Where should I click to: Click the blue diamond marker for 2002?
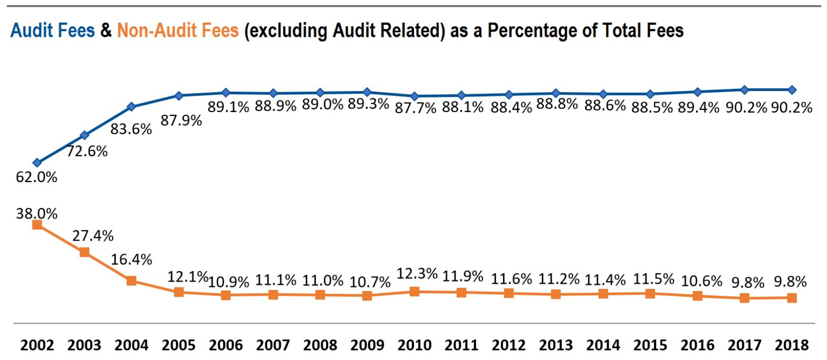[x=37, y=163]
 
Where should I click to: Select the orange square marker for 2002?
[x=37, y=225]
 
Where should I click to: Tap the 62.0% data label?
[x=36, y=177]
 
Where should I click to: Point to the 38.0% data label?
[x=36, y=214]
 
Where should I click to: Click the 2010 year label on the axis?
[x=414, y=346]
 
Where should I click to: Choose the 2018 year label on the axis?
[x=791, y=346]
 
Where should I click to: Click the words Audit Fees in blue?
[x=53, y=31]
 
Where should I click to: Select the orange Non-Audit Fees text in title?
[x=177, y=31]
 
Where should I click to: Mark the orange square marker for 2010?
[x=414, y=291]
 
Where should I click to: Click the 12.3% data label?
[x=417, y=274]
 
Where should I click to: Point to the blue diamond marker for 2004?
[x=132, y=107]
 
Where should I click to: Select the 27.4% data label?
[x=93, y=236]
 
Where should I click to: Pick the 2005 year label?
[x=178, y=346]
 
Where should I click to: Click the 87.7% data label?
[x=416, y=108]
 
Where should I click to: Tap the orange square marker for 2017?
[x=744, y=298]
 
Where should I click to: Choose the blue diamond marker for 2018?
[x=792, y=90]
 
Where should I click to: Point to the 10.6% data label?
[x=701, y=282]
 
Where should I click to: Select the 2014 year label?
[x=603, y=346]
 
